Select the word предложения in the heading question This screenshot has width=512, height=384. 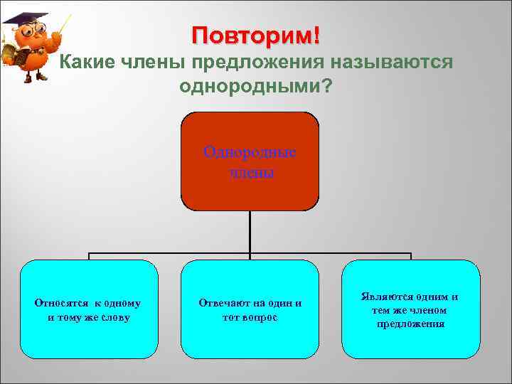[x=257, y=63]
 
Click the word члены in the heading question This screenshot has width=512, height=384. [x=154, y=62]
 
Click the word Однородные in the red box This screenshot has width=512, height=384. [x=250, y=152]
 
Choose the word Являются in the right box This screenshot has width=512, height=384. [x=385, y=297]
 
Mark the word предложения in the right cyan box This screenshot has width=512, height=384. [x=411, y=324]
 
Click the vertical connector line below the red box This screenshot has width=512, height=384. [x=250, y=232]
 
